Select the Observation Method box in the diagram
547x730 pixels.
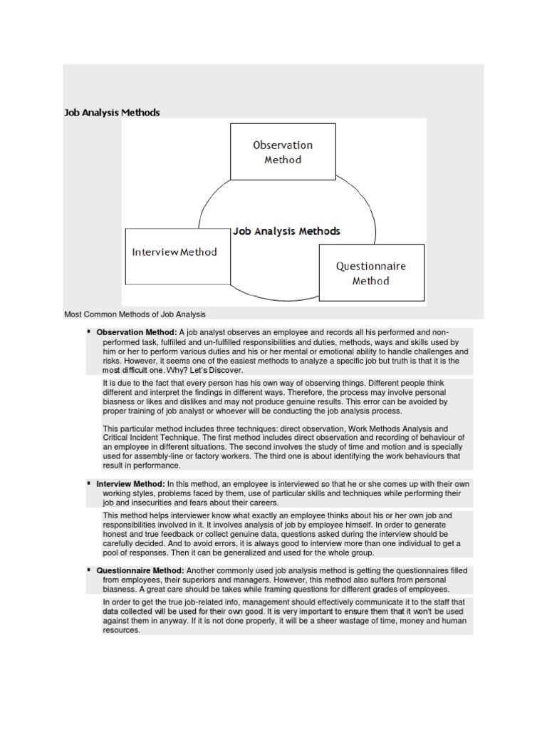point(283,152)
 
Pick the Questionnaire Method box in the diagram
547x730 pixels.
point(371,273)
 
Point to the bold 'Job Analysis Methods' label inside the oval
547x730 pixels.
point(286,231)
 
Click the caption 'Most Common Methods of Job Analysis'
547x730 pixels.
point(135,314)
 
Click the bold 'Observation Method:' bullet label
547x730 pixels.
point(137,332)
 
